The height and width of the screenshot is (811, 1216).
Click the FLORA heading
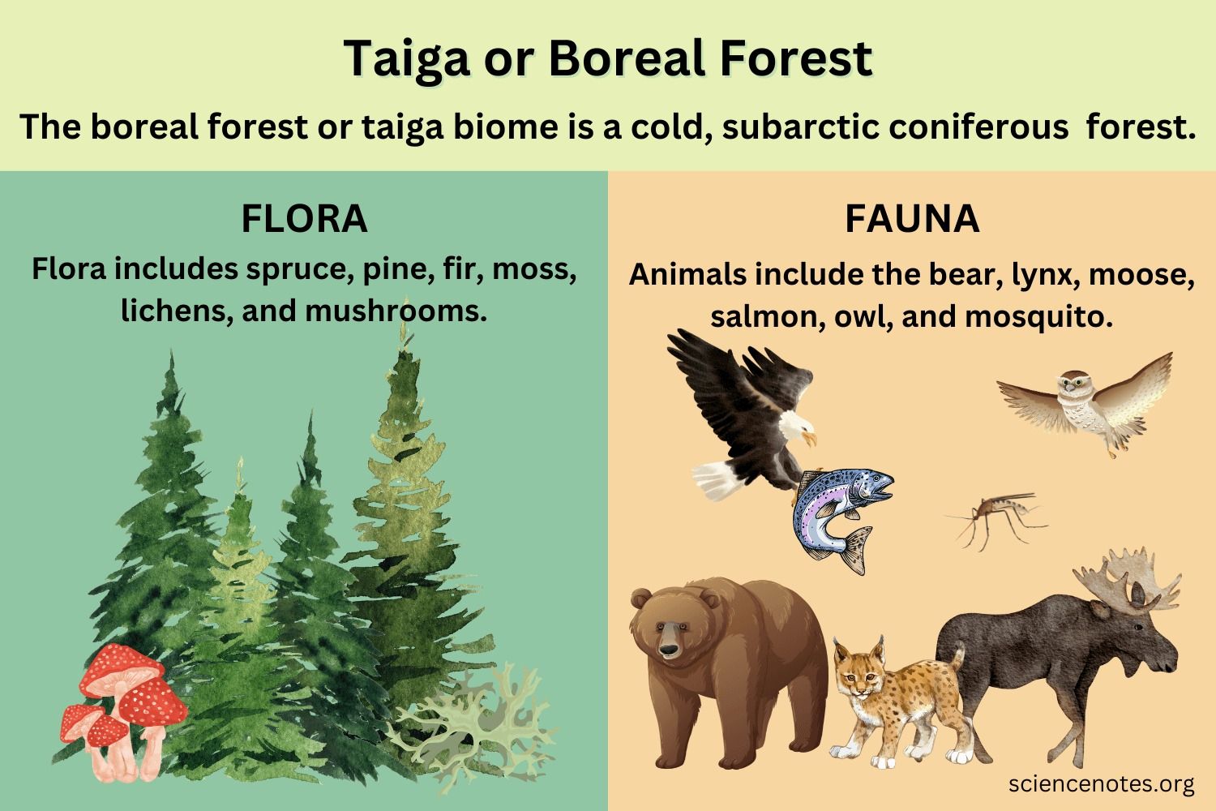point(304,219)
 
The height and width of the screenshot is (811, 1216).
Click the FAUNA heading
point(912,219)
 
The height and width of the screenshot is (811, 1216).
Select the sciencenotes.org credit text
point(1102,783)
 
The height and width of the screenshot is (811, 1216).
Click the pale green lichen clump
point(478,722)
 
